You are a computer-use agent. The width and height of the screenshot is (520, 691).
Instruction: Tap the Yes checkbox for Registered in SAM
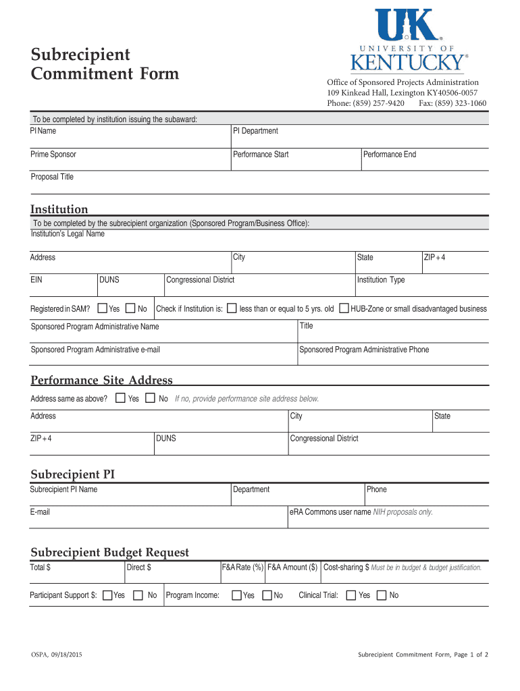coord(103,308)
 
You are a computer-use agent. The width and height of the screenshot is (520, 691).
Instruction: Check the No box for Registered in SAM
coord(131,308)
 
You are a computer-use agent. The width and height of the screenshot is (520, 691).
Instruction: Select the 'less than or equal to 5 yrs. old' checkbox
coord(232,308)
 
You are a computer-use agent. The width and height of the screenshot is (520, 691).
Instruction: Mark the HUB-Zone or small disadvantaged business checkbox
coord(344,308)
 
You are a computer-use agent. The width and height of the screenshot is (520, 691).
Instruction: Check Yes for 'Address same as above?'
coord(120,398)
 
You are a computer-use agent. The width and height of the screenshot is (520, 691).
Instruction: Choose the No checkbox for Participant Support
coord(138,595)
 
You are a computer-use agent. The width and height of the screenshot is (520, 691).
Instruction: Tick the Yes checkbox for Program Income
coord(236,595)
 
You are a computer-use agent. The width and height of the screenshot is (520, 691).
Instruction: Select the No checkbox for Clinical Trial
coord(381,595)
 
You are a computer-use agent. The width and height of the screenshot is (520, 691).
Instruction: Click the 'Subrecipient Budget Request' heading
coord(109,553)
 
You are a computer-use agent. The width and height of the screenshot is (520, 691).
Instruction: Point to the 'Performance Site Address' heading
coord(101,380)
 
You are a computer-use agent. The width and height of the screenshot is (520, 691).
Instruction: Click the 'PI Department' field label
coord(255,131)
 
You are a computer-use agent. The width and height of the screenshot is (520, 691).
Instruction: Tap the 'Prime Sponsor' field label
coord(53,155)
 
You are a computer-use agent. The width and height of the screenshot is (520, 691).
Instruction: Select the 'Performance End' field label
coord(390,155)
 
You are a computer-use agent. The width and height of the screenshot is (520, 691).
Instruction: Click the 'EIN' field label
coord(37,280)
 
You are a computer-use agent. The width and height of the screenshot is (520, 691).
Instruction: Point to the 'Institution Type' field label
coord(381,280)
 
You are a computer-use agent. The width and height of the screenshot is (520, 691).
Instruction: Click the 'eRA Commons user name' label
coord(330,512)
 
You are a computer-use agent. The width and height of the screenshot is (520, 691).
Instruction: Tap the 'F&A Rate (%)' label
coord(243,568)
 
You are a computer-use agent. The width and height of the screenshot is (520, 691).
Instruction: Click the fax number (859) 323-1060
coord(463,103)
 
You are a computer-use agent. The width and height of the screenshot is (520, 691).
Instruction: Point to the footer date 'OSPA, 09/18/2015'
coord(57,655)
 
